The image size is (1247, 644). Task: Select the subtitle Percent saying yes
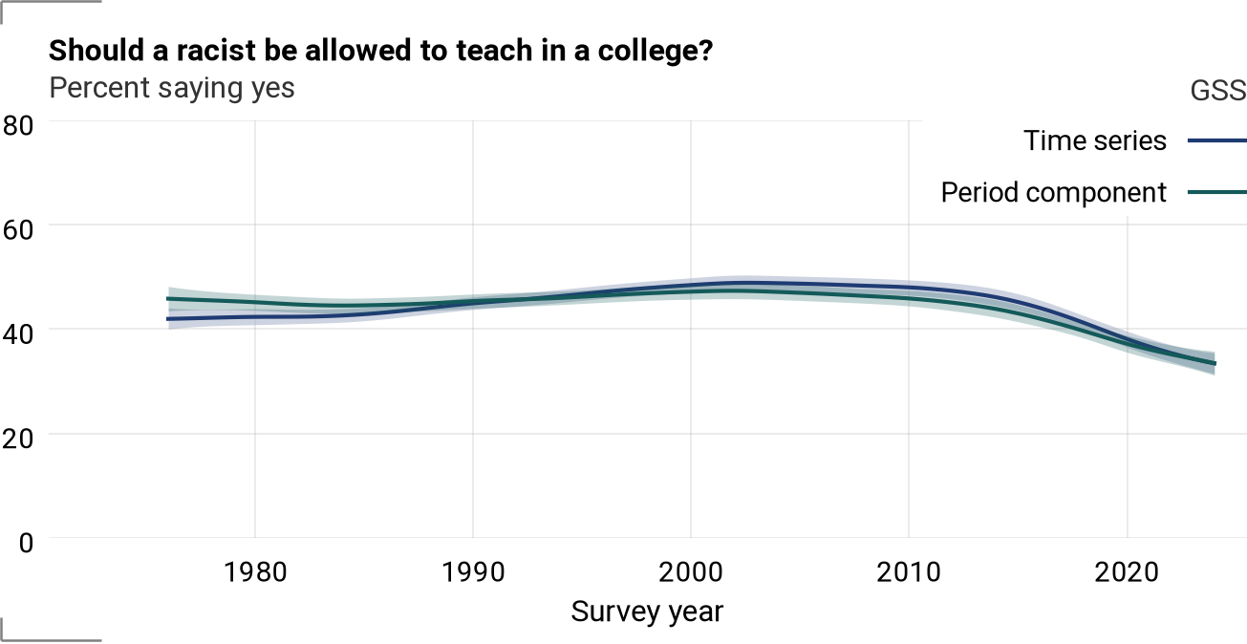[x=172, y=89]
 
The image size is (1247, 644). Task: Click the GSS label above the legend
[x=1218, y=91]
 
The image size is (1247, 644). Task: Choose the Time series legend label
[x=1095, y=140]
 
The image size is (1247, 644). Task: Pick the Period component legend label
[x=1053, y=193]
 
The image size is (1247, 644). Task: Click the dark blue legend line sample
[x=1217, y=140]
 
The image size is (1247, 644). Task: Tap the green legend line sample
[x=1217, y=193]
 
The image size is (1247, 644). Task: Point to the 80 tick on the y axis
[x=18, y=126]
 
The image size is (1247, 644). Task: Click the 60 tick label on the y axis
[x=18, y=230]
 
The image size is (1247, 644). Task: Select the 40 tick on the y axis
[x=18, y=334]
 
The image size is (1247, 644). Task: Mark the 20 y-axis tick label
[x=18, y=439]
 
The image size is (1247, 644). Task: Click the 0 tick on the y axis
[x=26, y=543]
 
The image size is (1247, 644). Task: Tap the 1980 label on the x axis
[x=255, y=572]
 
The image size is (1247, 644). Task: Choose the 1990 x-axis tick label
[x=473, y=572]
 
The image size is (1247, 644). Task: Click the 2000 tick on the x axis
[x=691, y=572]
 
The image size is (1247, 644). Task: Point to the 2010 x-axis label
[x=909, y=572]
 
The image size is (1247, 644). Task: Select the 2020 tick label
[x=1127, y=572]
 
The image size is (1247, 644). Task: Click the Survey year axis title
[x=647, y=612]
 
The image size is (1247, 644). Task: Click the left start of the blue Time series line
[x=168, y=319]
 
